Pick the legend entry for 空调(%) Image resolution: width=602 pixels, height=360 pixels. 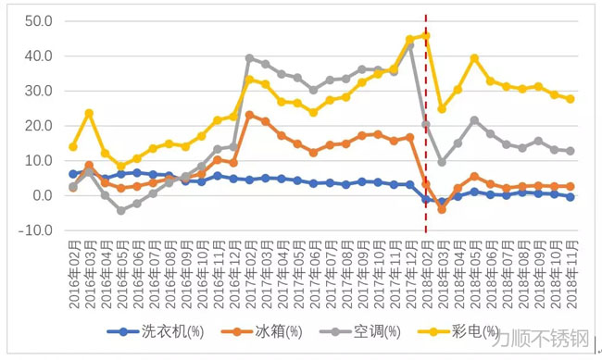(383, 331)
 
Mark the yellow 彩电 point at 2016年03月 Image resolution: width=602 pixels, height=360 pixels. (89, 114)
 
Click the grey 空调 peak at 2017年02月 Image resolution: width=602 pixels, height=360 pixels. (249, 58)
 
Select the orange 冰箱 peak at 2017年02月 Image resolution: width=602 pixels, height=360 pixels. (249, 115)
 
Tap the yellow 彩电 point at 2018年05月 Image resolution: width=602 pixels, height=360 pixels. (474, 58)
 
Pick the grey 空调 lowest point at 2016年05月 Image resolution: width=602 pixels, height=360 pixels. (120, 211)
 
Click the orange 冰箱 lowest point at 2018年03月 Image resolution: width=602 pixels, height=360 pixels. (442, 209)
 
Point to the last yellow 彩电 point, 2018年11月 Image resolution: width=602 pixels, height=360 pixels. (571, 99)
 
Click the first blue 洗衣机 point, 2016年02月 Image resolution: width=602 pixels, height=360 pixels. (73, 174)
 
